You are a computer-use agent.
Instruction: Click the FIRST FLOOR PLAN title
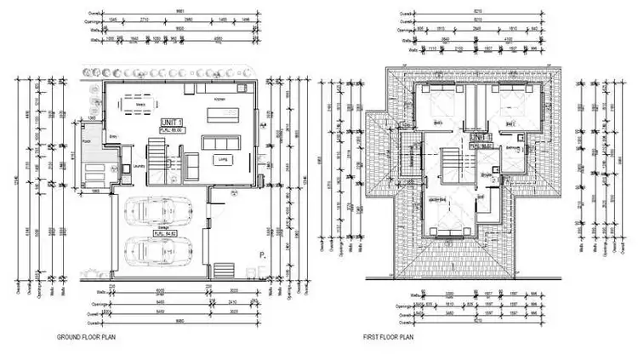coord(389,337)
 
